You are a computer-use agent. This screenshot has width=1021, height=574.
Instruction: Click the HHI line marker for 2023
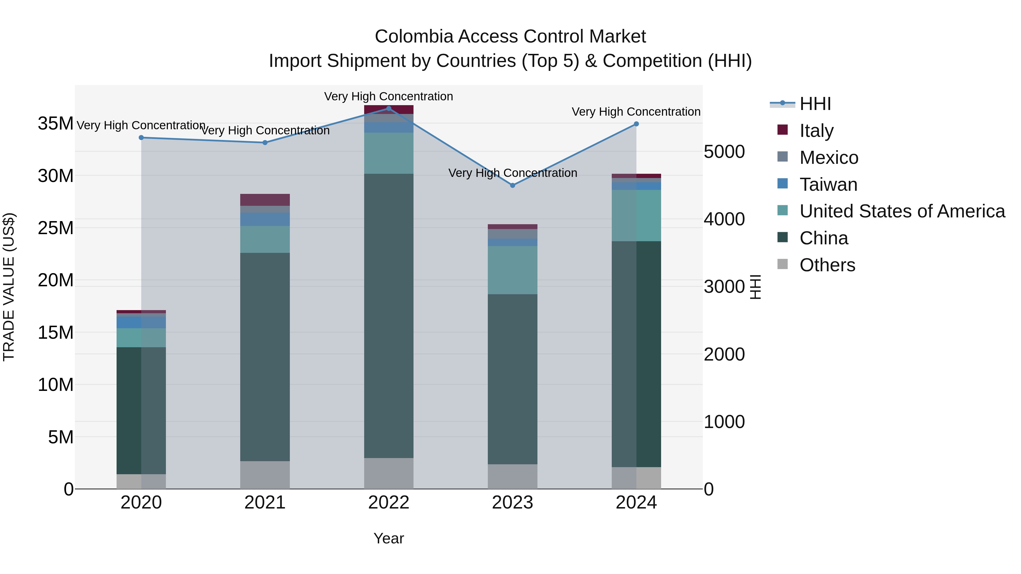coord(512,185)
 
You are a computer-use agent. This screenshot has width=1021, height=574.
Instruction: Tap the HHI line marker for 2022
coord(389,109)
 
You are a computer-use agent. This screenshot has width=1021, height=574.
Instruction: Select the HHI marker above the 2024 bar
coord(636,124)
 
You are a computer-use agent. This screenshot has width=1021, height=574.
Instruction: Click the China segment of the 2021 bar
coord(265,357)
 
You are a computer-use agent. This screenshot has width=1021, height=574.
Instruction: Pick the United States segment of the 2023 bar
coord(512,270)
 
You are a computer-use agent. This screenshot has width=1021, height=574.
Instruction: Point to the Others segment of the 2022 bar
coord(389,473)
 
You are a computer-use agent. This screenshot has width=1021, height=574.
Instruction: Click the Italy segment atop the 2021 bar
coord(265,200)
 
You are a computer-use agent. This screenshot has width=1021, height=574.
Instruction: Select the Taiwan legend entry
coord(828,185)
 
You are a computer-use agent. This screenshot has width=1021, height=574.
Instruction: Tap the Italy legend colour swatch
coord(782,130)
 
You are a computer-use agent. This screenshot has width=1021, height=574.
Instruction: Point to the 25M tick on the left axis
coord(56,228)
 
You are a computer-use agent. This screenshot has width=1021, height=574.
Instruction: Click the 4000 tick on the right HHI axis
coord(724,219)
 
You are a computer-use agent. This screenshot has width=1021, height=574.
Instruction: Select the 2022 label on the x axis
coord(389,503)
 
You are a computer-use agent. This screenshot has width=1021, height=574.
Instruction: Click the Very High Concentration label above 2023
coord(512,173)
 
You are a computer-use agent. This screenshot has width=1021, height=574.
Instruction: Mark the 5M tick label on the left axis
coord(61,437)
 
